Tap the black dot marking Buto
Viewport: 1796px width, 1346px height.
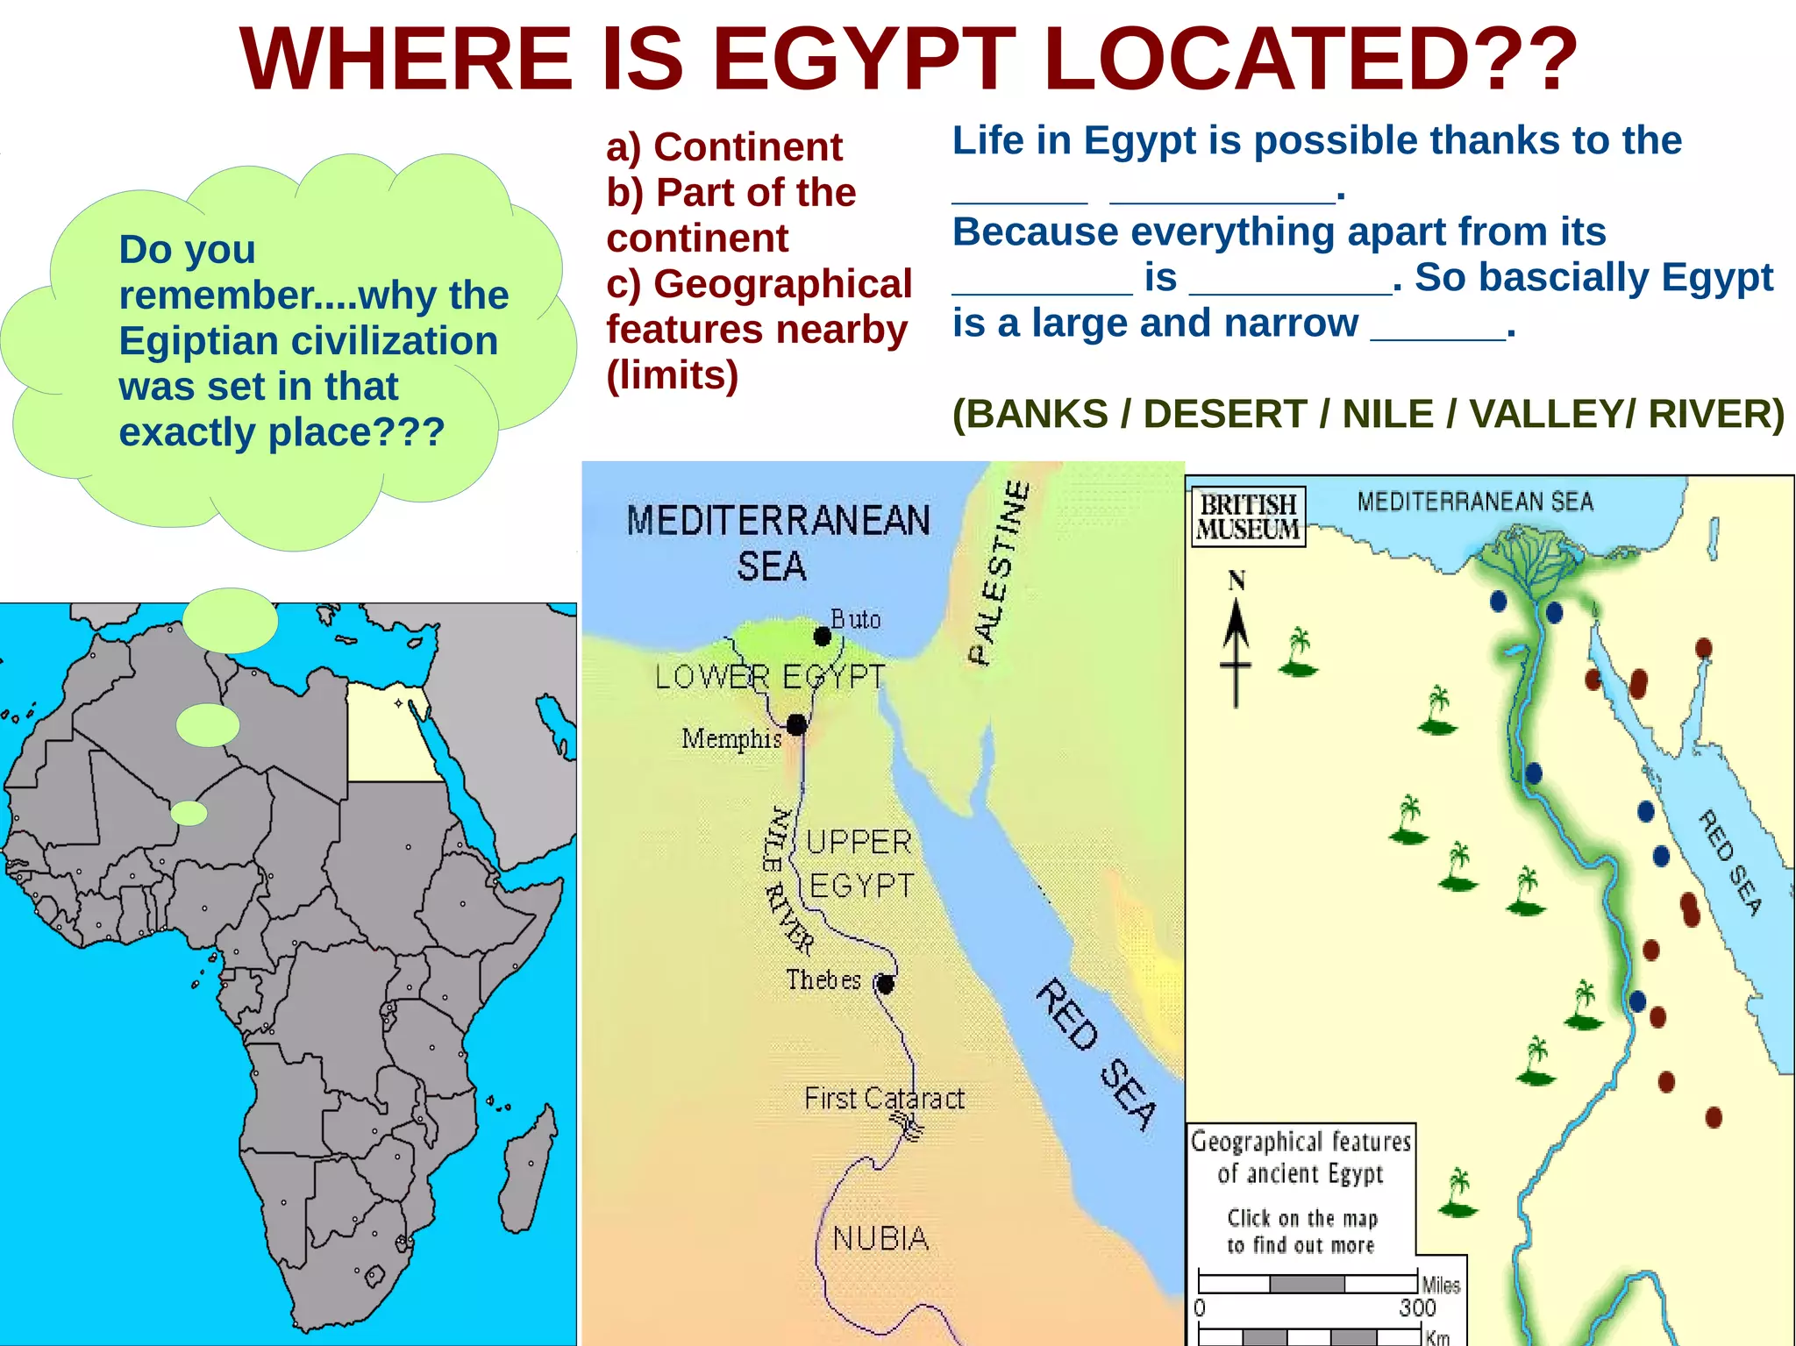point(822,637)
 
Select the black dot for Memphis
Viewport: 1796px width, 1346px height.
point(796,724)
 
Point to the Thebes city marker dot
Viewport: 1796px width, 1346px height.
point(886,985)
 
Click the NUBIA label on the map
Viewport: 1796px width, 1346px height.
point(880,1238)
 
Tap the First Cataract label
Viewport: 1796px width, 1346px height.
point(884,1098)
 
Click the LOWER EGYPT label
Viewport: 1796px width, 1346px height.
point(770,677)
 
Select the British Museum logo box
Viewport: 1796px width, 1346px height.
point(1248,516)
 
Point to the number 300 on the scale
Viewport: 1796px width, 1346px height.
point(1417,1307)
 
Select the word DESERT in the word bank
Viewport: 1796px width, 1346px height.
point(1225,414)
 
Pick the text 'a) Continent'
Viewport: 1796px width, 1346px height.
point(724,146)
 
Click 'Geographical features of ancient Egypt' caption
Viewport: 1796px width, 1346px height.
point(1301,1157)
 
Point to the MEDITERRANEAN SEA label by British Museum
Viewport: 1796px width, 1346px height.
point(1475,502)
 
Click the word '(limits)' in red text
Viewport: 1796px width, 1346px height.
point(673,375)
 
